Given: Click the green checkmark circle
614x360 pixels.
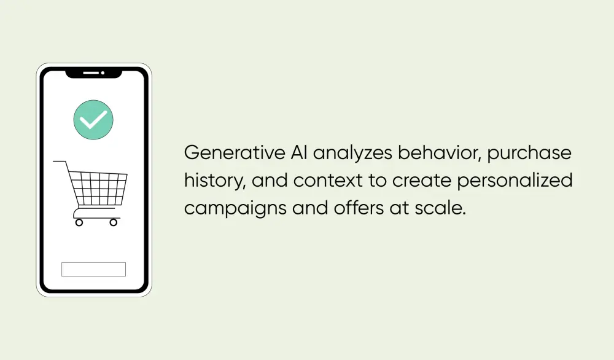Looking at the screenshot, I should (x=93, y=119).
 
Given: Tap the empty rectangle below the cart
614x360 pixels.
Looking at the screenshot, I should (x=93, y=269).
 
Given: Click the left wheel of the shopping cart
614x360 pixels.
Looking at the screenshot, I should (x=79, y=222).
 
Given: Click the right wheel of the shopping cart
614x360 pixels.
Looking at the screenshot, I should (x=113, y=222).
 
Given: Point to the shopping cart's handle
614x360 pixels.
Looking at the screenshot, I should (x=60, y=162).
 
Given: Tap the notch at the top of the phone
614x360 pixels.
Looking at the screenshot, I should (x=93, y=73).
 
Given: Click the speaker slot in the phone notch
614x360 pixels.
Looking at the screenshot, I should (x=91, y=72).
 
